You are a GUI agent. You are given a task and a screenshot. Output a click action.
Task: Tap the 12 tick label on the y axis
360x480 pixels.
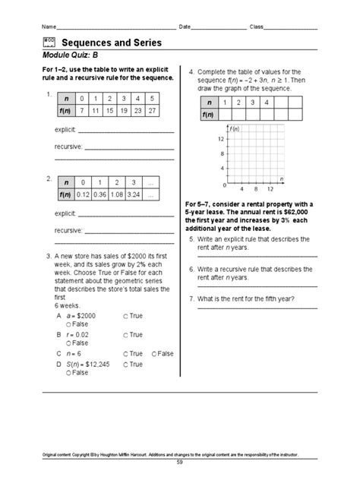pyautogui.click(x=221, y=139)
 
